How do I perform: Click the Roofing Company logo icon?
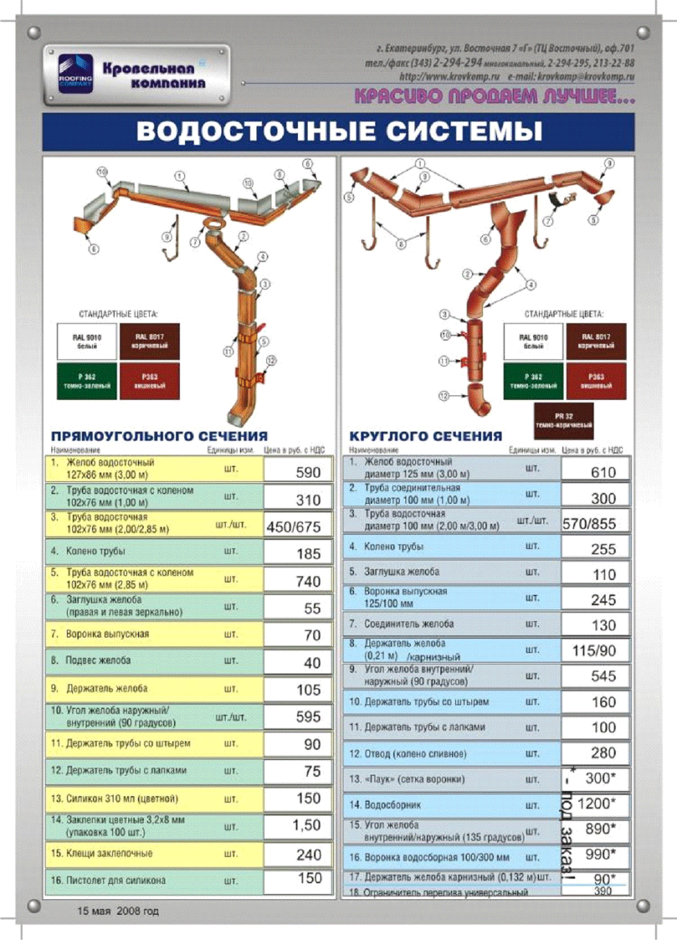pos(75,74)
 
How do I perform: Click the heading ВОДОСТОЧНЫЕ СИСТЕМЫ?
pos(338,132)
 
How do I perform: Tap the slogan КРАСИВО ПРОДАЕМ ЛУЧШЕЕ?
pos(495,97)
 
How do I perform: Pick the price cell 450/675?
pos(293,527)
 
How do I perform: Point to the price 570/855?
pos(589,524)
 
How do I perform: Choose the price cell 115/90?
pos(594,651)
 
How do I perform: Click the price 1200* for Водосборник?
pos(597,803)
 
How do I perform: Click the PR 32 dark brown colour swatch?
pos(564,421)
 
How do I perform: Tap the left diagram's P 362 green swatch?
pos(87,381)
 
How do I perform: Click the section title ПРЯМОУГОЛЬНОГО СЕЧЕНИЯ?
pos(159,436)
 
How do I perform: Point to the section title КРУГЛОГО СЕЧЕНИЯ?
pos(426,436)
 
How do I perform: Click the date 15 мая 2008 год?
pos(117,911)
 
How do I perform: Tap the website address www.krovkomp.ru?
pos(449,77)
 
